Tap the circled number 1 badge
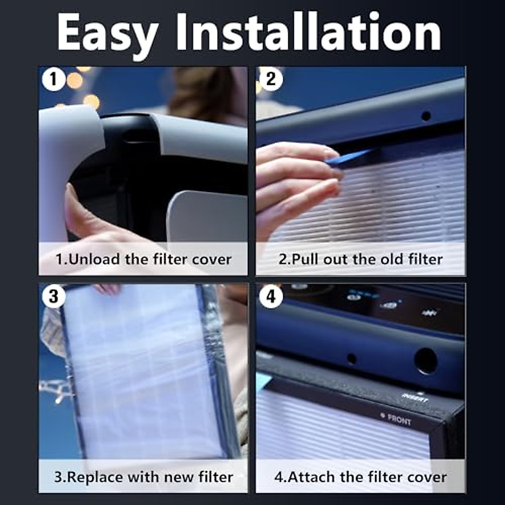pyautogui.click(x=53, y=79)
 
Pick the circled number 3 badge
pyautogui.click(x=53, y=296)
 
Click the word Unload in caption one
pyautogui.click(x=94, y=259)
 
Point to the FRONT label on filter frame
pyautogui.click(x=398, y=419)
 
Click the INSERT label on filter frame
pyautogui.click(x=415, y=398)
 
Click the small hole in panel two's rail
pyautogui.click(x=426, y=116)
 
